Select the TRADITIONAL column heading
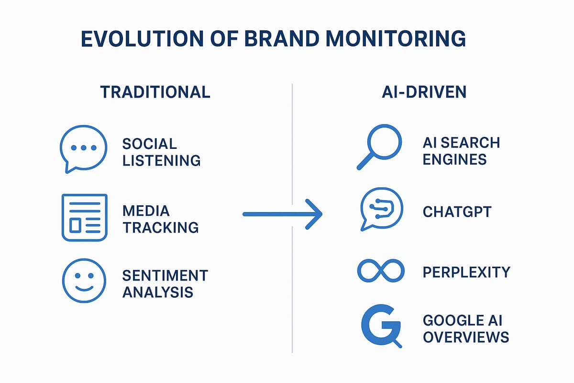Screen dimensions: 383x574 click(155, 92)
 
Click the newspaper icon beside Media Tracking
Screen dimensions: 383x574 click(85, 217)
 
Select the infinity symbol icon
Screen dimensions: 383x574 click(381, 271)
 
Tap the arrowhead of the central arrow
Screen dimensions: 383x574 click(313, 214)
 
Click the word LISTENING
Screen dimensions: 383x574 click(161, 160)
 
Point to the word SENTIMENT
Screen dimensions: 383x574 click(165, 275)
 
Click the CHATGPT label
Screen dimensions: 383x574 click(457, 212)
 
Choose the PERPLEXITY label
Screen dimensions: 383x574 click(466, 272)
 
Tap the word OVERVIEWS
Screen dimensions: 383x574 click(465, 337)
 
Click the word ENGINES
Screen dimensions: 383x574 click(454, 159)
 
